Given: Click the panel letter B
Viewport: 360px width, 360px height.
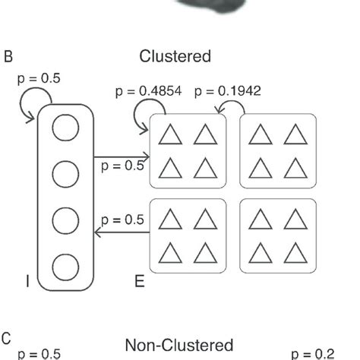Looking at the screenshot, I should tap(9, 57).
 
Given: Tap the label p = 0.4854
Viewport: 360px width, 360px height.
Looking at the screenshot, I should tap(148, 92).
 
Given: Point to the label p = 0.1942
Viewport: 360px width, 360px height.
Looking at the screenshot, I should tap(227, 92).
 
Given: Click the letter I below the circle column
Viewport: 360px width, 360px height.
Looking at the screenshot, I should tap(27, 282).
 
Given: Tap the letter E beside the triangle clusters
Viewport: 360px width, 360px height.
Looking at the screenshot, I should tap(139, 282).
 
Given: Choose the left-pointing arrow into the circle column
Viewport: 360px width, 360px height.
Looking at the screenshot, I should tap(122, 232).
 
